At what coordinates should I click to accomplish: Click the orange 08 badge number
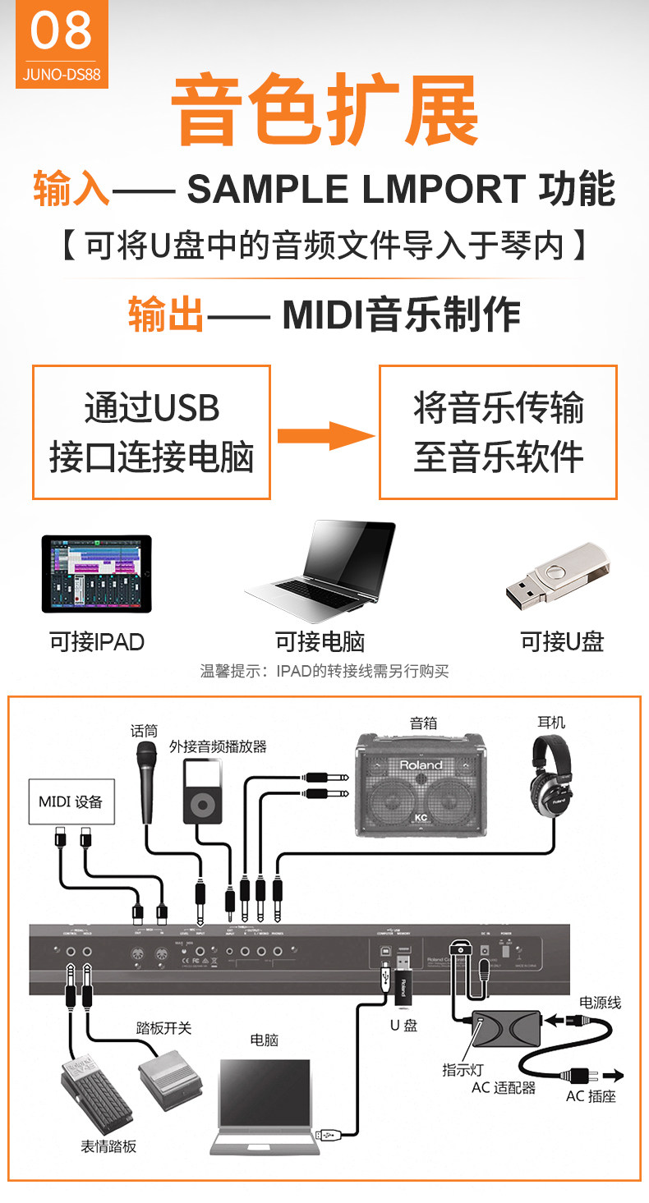(x=61, y=30)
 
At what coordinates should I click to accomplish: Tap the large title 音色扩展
(x=324, y=110)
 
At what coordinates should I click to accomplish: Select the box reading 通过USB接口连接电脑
(x=151, y=432)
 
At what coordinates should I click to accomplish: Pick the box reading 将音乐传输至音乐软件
(x=498, y=432)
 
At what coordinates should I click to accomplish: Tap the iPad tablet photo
(x=97, y=574)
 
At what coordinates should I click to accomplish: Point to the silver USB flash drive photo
(x=556, y=574)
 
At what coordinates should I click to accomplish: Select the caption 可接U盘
(x=562, y=642)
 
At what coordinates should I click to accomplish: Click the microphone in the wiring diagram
(x=147, y=780)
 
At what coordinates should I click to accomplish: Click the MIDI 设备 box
(x=71, y=801)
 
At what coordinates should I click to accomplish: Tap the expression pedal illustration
(x=93, y=1096)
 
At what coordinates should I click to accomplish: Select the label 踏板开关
(x=163, y=1028)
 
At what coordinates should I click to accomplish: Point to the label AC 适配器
(x=503, y=1087)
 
